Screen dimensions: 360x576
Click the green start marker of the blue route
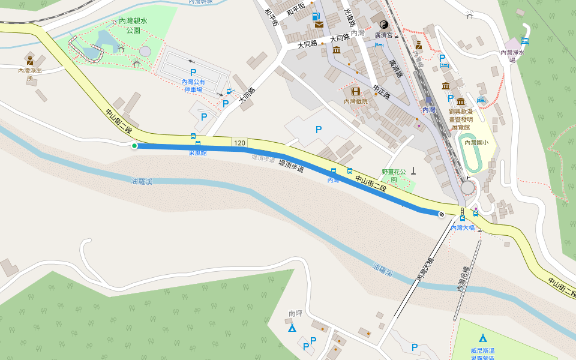(134, 145)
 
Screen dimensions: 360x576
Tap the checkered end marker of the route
(442, 214)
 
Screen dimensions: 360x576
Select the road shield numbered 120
(239, 143)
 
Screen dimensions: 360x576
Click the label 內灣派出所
(30, 74)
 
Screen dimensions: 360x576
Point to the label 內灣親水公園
(133, 25)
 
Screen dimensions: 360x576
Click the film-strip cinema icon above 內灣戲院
(356, 92)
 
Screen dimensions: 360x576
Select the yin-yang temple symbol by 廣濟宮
(383, 25)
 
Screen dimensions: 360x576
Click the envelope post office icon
(318, 25)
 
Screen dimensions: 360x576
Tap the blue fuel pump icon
(317, 16)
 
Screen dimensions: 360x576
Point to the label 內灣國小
(477, 142)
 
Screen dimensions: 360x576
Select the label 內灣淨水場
(512, 56)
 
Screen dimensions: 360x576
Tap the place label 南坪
(295, 313)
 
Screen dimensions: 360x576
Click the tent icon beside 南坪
(292, 328)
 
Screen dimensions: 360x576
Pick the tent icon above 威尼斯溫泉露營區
(482, 337)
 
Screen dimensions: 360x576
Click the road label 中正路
(382, 91)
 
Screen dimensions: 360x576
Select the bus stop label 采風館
(197, 152)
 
